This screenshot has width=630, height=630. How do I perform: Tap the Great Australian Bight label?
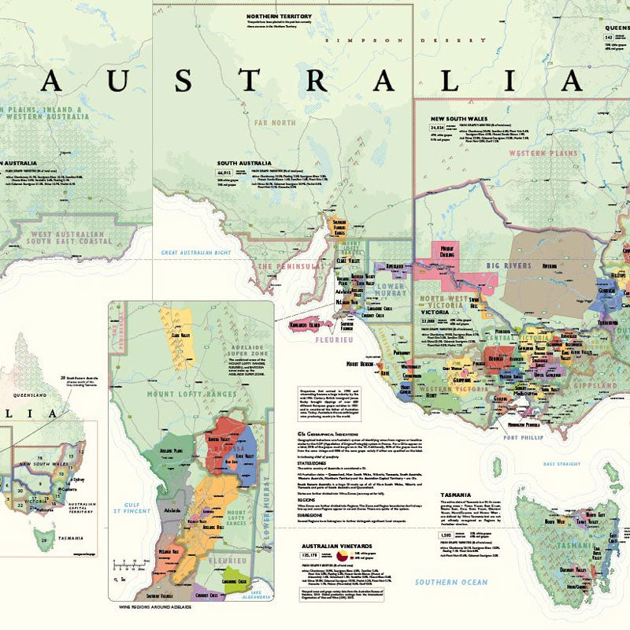pos(196,254)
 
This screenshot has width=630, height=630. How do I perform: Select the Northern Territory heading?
pos(280,17)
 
